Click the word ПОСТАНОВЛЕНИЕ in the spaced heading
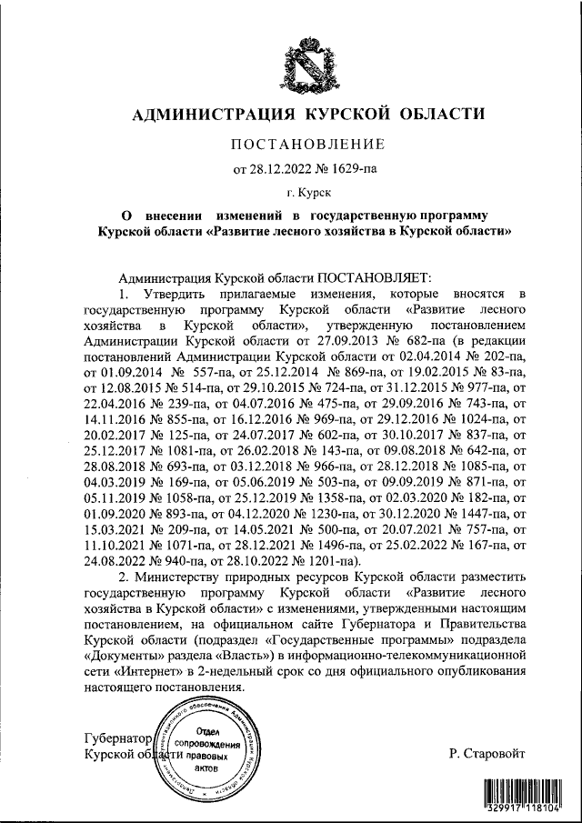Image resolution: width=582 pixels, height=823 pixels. tap(308, 144)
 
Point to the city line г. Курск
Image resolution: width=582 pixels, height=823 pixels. tap(308, 192)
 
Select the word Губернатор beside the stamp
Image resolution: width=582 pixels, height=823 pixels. tap(116, 738)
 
